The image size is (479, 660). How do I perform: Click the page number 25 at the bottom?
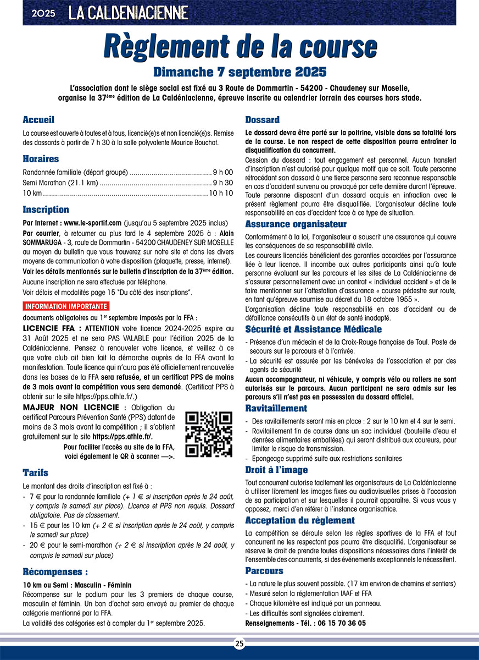(239, 643)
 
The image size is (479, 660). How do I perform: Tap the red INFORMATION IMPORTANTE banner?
(65, 306)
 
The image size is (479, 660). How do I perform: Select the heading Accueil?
(38, 120)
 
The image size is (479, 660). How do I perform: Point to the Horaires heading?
(41, 159)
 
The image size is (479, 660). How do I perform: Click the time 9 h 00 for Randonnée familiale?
(223, 172)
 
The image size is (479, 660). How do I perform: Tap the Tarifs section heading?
(35, 472)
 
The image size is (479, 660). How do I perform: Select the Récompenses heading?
(55, 571)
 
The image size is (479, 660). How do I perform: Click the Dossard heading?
(262, 120)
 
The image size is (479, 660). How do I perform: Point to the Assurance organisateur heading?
(296, 224)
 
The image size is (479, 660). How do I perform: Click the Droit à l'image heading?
(276, 470)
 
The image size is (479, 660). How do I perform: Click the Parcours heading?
(264, 571)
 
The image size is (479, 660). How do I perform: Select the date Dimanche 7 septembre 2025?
(240, 72)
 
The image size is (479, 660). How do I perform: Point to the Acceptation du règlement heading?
(300, 520)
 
